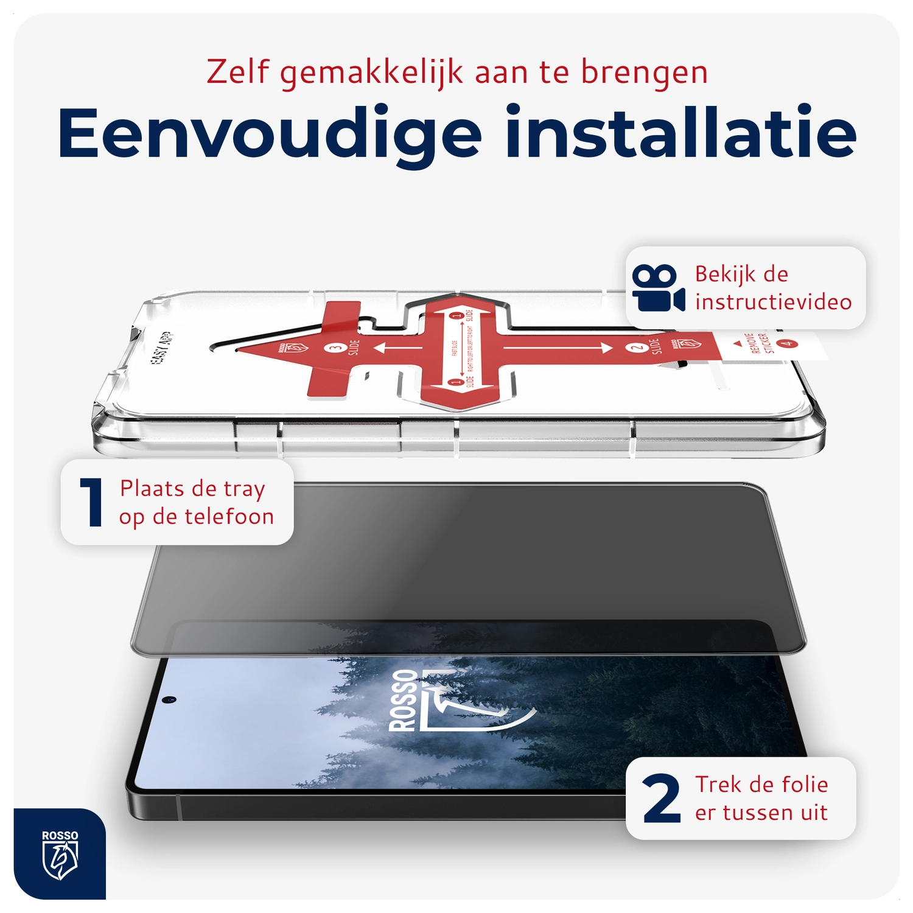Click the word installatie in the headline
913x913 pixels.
pyautogui.click(x=681, y=132)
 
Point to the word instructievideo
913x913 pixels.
pyautogui.click(x=773, y=302)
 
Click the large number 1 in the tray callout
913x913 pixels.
pyautogui.click(x=92, y=502)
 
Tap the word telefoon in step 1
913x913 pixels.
pyautogui.click(x=229, y=517)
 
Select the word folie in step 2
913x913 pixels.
pyautogui.click(x=805, y=785)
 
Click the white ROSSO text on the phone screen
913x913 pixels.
pyautogui.click(x=402, y=700)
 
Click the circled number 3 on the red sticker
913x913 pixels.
pyautogui.click(x=335, y=348)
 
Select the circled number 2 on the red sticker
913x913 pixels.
pyautogui.click(x=637, y=348)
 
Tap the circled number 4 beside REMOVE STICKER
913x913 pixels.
pyautogui.click(x=788, y=343)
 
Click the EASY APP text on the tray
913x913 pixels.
pyautogui.click(x=161, y=348)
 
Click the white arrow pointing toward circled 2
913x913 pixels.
pyautogui.click(x=557, y=348)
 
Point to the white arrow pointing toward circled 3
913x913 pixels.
pyautogui.click(x=398, y=348)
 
